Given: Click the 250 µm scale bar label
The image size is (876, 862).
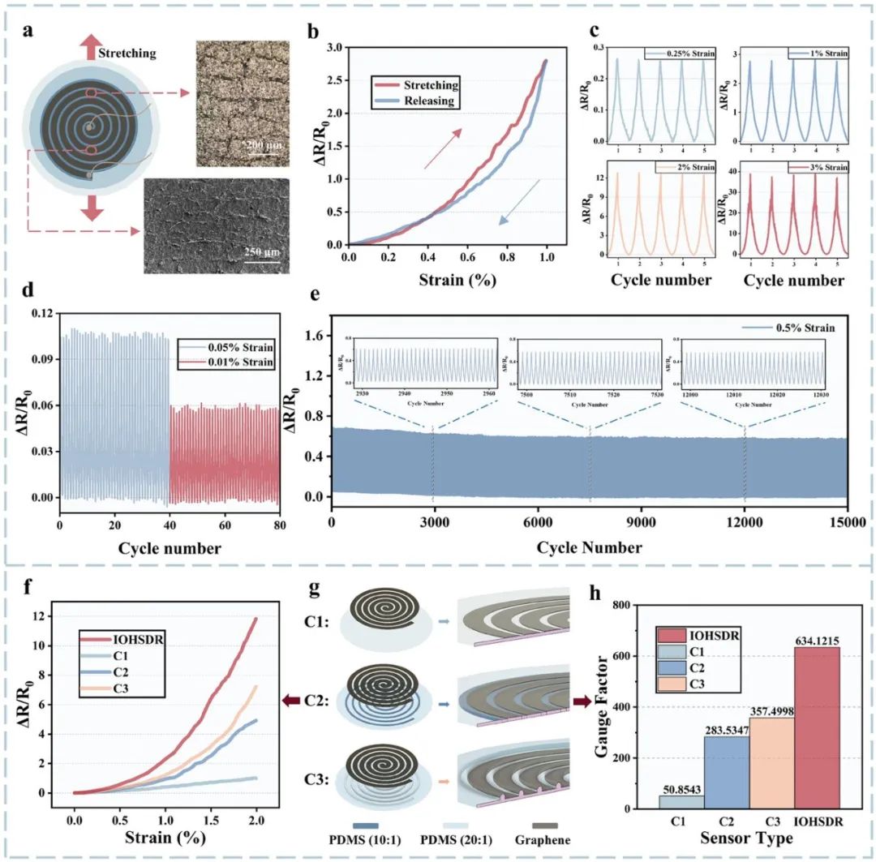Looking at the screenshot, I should point(260,252).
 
